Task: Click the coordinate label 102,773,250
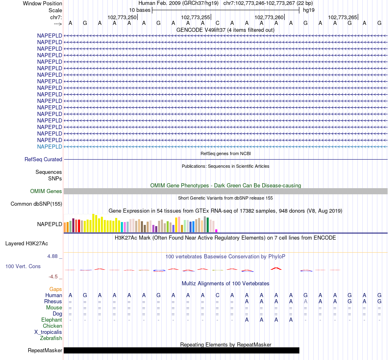[x=122, y=18]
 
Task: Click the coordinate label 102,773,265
[x=342, y=18]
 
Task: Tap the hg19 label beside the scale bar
[x=309, y=10]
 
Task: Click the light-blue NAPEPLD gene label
[x=49, y=147]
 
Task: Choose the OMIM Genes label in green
[x=46, y=191]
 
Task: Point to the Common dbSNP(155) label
[x=36, y=204]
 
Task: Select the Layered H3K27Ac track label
[x=27, y=244]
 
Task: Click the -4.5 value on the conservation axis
[x=54, y=277]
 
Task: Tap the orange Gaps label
[x=56, y=289]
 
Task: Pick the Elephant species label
[x=52, y=320]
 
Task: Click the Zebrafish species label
[x=51, y=338]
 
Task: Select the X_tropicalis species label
[x=48, y=332]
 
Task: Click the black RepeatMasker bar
[x=181, y=351]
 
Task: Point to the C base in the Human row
[x=217, y=295]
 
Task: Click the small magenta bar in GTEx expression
[x=216, y=231]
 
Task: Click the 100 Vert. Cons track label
[x=23, y=267]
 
